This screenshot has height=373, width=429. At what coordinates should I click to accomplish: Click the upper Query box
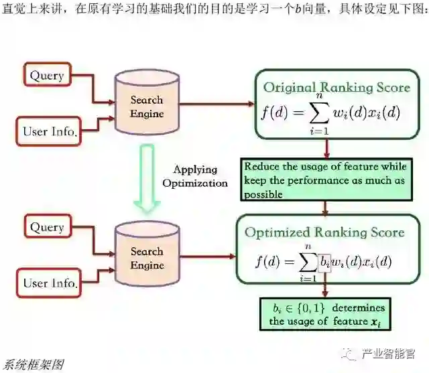pyautogui.click(x=46, y=75)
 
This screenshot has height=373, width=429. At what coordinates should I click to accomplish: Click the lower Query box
pyautogui.click(x=46, y=227)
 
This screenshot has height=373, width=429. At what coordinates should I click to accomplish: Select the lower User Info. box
pyautogui.click(x=50, y=283)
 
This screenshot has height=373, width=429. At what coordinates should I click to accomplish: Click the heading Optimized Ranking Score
pyautogui.click(x=324, y=232)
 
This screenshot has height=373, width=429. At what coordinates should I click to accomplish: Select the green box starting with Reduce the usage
pyautogui.click(x=324, y=180)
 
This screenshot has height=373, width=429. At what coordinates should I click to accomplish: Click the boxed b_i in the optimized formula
pyautogui.click(x=325, y=261)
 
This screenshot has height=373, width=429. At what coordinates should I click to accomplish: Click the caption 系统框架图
pyautogui.click(x=32, y=365)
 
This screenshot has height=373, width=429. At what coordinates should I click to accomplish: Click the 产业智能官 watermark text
pyautogui.click(x=392, y=352)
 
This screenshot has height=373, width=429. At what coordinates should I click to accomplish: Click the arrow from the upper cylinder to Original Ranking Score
pyautogui.click(x=214, y=104)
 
